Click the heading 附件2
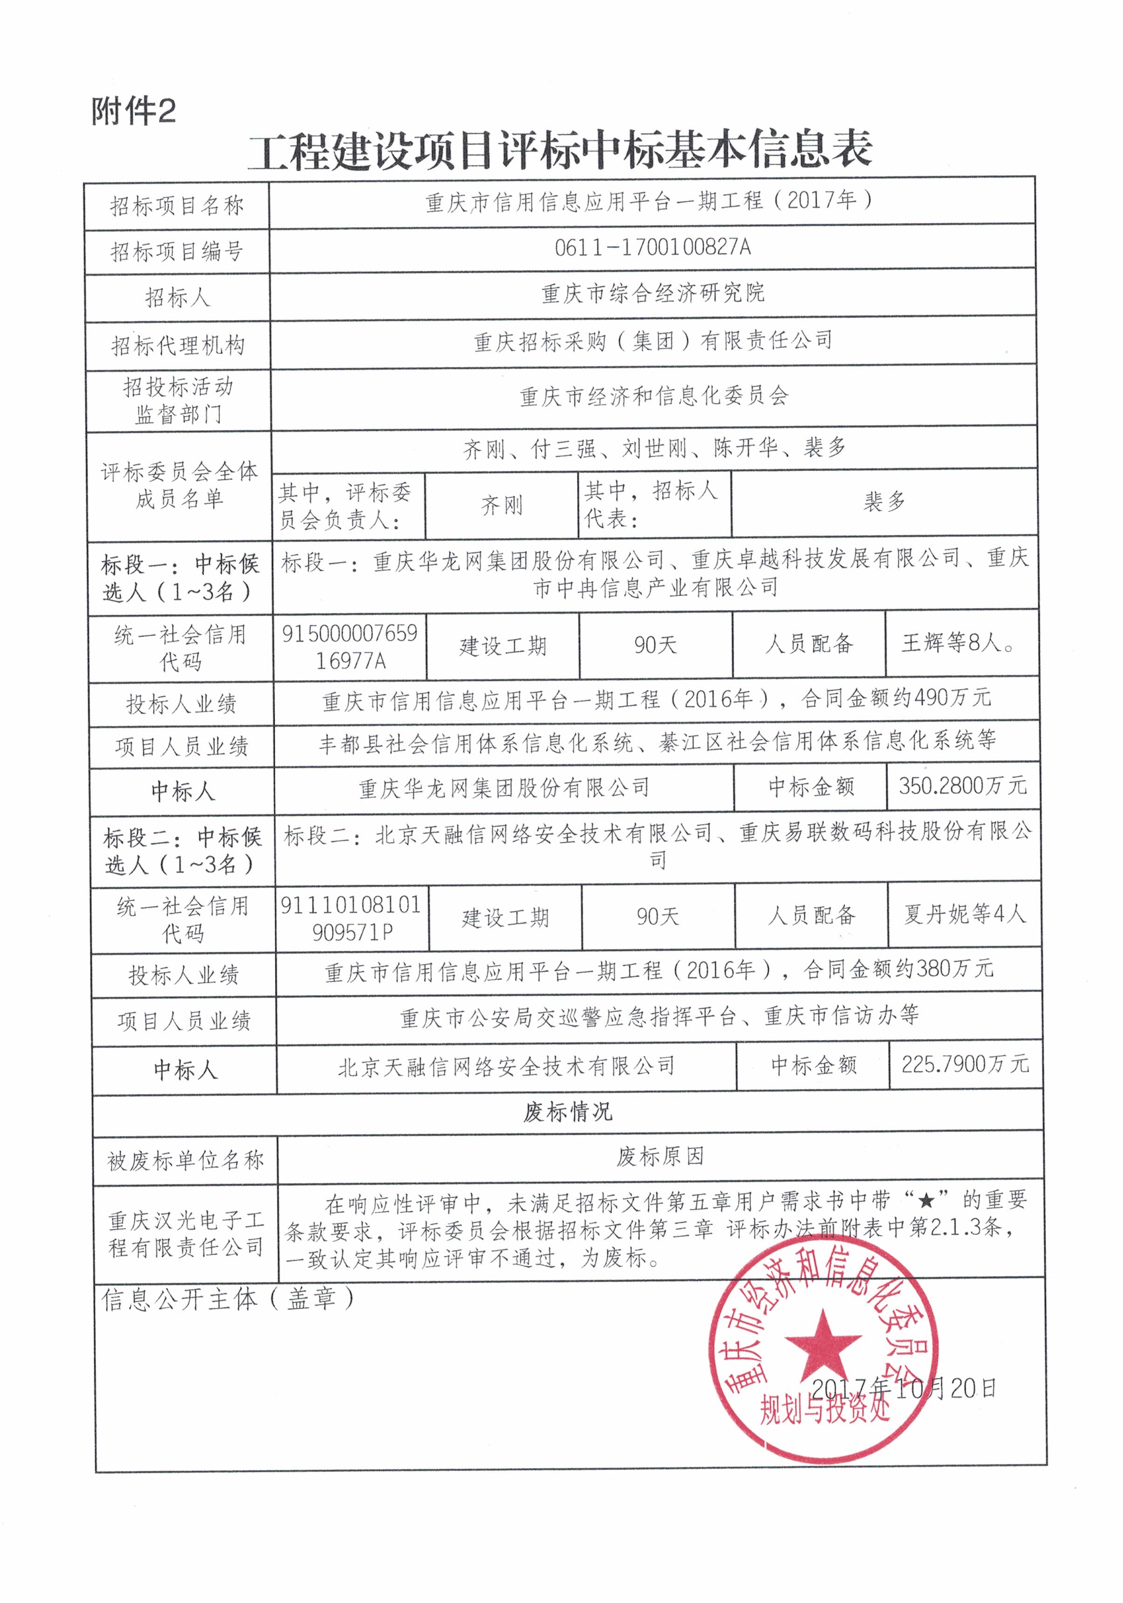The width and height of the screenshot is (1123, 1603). pos(133,111)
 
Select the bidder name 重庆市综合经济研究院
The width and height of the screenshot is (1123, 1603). pos(653,293)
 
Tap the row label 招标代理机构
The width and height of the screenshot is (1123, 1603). pos(178,345)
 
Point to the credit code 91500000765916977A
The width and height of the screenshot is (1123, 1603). pos(350,646)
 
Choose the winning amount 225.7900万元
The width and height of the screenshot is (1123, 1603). pos(965,1064)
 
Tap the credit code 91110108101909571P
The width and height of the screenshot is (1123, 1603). pos(351,918)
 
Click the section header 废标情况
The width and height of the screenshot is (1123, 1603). pos(567,1111)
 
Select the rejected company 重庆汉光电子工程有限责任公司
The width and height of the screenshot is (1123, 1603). pos(186,1233)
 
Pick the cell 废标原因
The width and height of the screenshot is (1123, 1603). pos(660,1157)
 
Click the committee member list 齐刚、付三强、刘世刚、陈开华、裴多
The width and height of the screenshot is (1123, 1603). pos(654,448)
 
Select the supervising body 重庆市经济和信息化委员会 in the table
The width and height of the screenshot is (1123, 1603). pos(654,396)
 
